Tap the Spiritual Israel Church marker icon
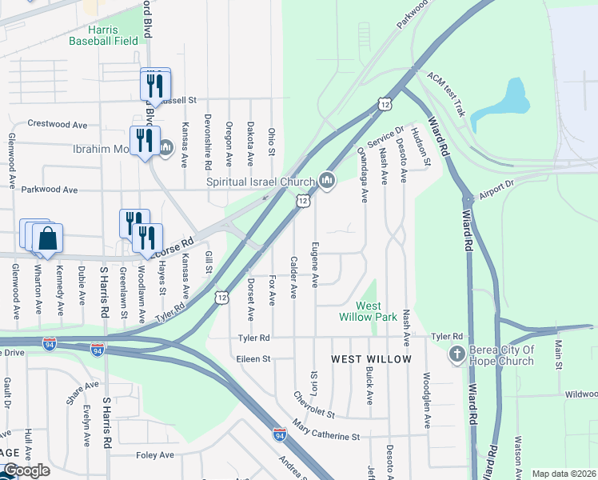[x=326, y=182]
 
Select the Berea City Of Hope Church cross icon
[x=457, y=354]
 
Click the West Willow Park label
[x=377, y=311]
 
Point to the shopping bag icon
[x=47, y=239]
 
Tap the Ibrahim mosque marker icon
[x=166, y=147]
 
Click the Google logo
[x=26, y=470]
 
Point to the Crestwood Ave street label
[x=58, y=124]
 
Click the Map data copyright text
[x=564, y=474]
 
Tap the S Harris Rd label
[x=104, y=292]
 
